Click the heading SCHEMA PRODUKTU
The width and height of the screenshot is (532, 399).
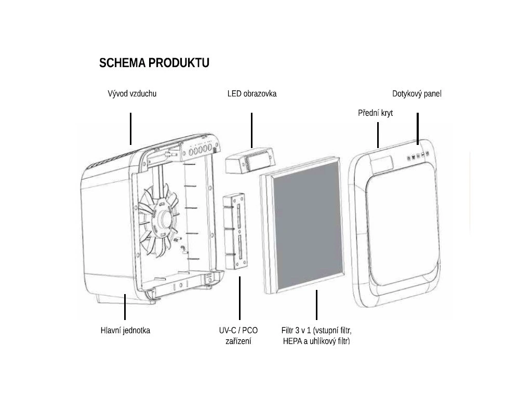tap(154, 63)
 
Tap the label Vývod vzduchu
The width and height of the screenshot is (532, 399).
tap(132, 94)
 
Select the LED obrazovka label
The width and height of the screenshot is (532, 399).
tap(252, 94)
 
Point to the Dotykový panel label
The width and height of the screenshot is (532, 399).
tap(417, 94)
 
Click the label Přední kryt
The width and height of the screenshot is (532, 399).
tap(375, 113)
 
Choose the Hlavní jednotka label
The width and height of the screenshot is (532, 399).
tap(125, 330)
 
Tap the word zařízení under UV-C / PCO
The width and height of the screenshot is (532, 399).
tap(238, 341)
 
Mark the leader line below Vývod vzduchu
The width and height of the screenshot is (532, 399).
tap(130, 128)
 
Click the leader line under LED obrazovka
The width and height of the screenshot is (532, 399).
tap(251, 130)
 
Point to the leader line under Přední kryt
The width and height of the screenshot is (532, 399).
tap(378, 135)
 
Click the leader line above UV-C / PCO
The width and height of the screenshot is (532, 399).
tap(240, 298)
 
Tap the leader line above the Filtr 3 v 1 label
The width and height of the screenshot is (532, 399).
tap(316, 305)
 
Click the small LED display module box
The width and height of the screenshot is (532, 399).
tap(249, 162)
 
